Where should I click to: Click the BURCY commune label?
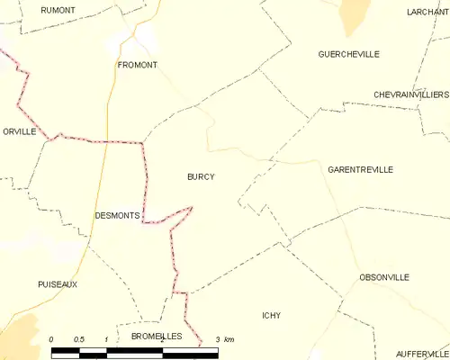click(200, 176)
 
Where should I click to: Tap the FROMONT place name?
click(137, 65)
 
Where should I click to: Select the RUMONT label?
click(58, 10)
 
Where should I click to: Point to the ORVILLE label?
click(18, 130)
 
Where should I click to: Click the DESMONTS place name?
click(117, 216)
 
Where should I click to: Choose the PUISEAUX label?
click(58, 283)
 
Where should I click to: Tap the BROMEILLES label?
click(157, 336)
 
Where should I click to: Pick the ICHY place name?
click(271, 315)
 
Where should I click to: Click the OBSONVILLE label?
click(384, 276)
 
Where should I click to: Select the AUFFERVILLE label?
click(421, 354)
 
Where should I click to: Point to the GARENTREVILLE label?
click(361, 169)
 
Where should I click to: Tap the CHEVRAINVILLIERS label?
click(411, 94)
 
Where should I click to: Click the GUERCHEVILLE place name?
click(348, 54)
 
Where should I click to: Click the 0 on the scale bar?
click(52, 338)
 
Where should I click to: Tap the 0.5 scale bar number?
click(78, 338)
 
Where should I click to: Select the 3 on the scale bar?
click(217, 338)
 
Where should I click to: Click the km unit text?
click(229, 338)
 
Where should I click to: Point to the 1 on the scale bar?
click(106, 338)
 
